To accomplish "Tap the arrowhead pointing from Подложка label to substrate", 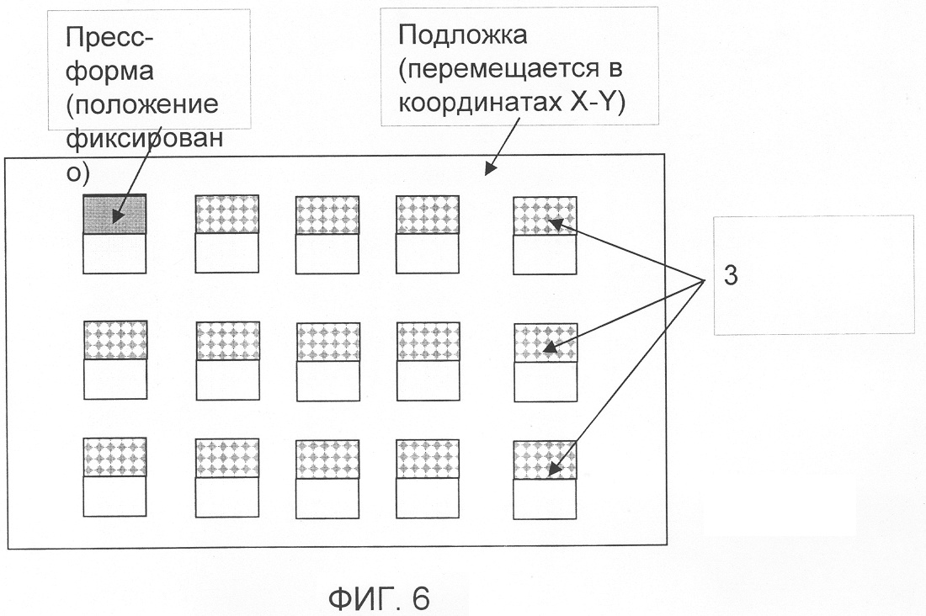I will point(487,171).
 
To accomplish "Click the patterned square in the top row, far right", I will point(545,215).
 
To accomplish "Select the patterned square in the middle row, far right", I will point(545,342).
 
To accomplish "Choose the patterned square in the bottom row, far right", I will point(545,459).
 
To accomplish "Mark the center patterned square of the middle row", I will point(327,342).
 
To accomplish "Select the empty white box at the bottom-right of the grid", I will point(545,497).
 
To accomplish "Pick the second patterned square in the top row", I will point(227,215).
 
